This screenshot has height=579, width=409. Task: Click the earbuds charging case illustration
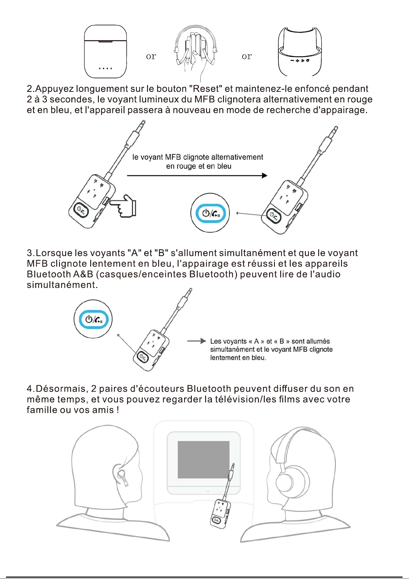coord(105,52)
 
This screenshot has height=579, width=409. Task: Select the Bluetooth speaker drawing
coord(300,51)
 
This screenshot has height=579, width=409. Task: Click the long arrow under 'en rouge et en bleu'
coord(197,176)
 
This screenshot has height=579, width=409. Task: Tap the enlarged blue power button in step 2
coord(210,213)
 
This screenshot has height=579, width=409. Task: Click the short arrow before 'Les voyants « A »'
coord(196,341)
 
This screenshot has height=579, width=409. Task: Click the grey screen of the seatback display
coord(204,460)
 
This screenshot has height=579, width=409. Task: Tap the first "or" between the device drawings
coord(151,56)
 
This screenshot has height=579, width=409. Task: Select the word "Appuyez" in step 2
coord(55,89)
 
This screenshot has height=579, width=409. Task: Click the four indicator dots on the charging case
coord(105,68)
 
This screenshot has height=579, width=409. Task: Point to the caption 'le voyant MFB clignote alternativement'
coord(198,157)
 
